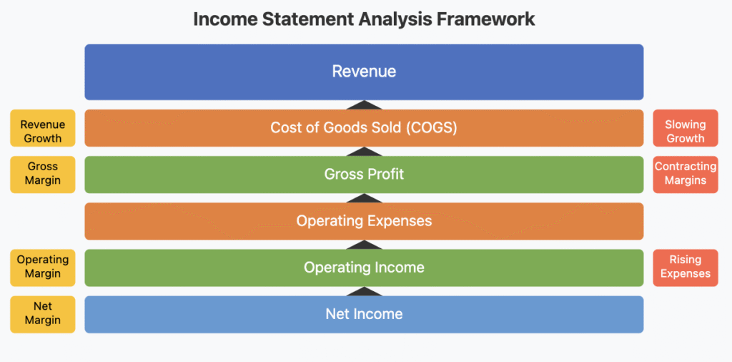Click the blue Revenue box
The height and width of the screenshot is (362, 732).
(364, 72)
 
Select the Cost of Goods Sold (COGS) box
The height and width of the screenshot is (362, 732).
(364, 128)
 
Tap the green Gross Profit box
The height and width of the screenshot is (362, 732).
(364, 175)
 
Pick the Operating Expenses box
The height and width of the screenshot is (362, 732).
(364, 221)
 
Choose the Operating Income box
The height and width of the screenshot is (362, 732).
(364, 268)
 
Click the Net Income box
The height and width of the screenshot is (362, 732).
(364, 314)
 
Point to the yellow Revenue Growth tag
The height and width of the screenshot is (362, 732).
(42, 128)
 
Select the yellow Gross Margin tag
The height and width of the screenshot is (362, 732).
(42, 175)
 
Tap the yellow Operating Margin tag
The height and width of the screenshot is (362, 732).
(42, 268)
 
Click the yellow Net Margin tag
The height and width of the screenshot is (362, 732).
(42, 314)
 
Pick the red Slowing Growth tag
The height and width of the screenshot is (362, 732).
(686, 128)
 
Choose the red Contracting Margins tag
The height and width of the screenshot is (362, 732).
(686, 175)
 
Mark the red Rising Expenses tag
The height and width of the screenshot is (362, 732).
(686, 268)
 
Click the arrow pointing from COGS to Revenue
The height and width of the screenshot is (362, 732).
(364, 105)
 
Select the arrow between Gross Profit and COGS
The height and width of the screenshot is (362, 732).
(364, 152)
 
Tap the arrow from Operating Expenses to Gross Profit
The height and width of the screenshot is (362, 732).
(364, 198)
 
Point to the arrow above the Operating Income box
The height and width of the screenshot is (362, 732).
(364, 245)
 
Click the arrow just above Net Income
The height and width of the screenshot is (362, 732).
(364, 291)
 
